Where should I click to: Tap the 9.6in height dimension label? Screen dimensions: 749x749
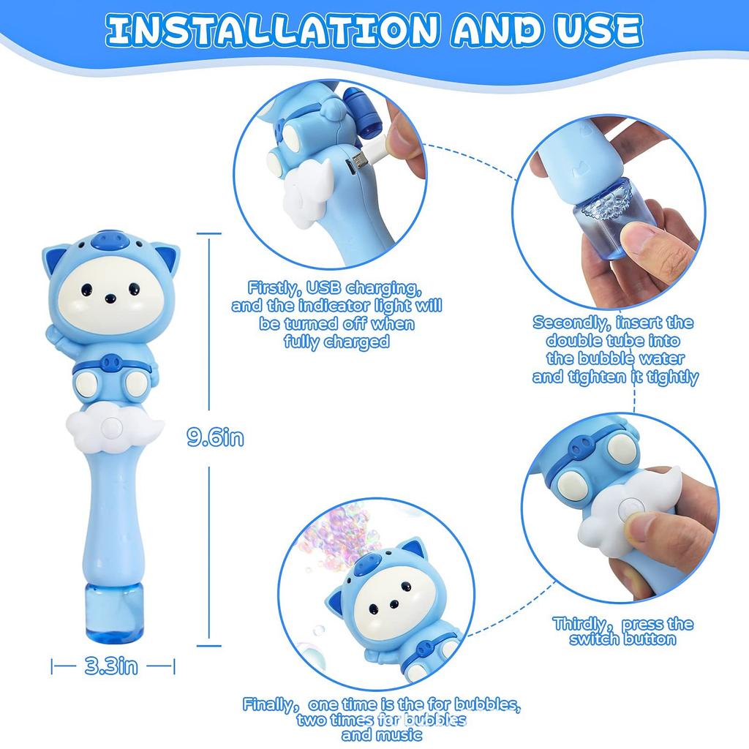click(215, 437)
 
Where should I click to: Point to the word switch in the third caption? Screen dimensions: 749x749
click(590, 639)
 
